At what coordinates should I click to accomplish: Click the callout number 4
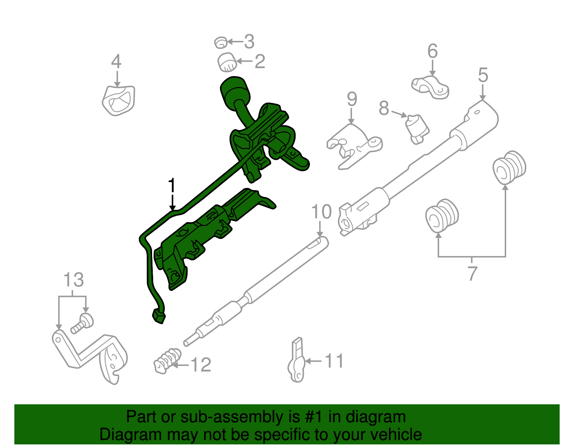click(116, 62)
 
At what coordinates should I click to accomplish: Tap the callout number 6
click(433, 51)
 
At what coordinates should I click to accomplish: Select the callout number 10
click(321, 212)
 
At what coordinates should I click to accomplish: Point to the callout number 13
click(74, 280)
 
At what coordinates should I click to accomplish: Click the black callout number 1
click(172, 186)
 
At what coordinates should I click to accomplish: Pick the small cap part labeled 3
click(221, 43)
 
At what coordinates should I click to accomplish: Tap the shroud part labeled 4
click(119, 100)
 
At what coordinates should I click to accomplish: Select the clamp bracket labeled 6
click(430, 88)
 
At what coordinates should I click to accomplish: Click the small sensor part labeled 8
click(417, 128)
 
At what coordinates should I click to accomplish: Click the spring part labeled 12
click(167, 361)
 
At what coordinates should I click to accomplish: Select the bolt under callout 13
click(83, 322)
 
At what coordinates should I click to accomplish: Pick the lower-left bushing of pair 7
click(442, 216)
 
